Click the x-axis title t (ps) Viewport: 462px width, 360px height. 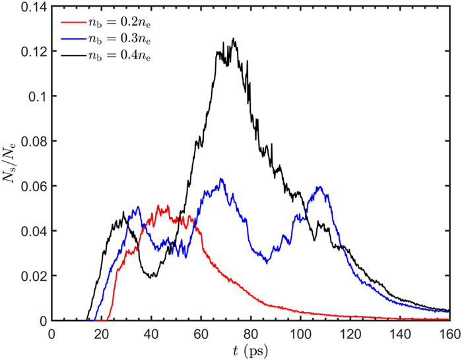250,350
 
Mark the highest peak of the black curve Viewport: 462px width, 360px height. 233,39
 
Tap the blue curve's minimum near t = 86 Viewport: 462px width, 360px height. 266,262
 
